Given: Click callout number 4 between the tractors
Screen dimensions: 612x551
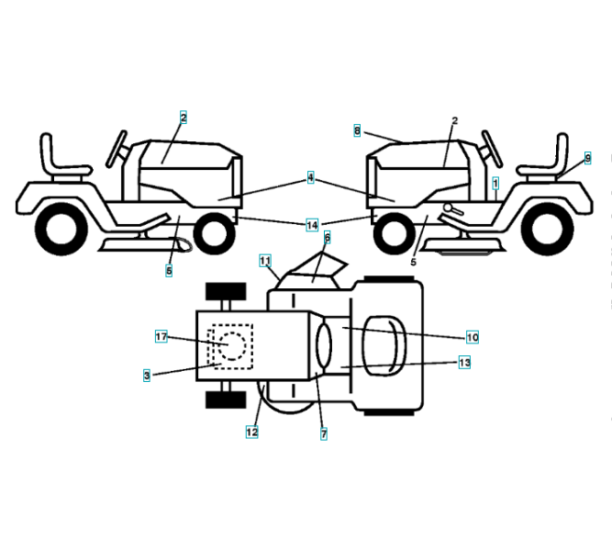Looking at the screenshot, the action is (x=311, y=177).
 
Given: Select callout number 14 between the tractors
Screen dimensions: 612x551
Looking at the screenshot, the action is (x=313, y=224).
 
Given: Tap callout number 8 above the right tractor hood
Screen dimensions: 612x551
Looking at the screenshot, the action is (x=357, y=131).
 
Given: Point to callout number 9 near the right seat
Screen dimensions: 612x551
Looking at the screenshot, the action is (x=587, y=158).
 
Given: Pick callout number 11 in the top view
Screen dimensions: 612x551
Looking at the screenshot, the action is (x=264, y=261).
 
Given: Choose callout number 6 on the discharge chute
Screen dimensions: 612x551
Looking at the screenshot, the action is (x=327, y=237).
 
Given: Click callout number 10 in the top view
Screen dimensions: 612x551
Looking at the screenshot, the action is (x=472, y=336).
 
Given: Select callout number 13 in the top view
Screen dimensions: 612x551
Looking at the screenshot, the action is (x=464, y=363).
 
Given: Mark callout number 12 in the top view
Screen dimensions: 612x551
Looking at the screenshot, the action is (x=251, y=431).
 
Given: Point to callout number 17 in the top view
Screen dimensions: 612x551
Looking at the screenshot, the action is (x=161, y=337).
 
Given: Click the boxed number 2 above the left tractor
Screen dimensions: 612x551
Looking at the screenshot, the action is (x=183, y=118).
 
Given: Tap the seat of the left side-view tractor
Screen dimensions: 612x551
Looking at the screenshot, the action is (x=59, y=156).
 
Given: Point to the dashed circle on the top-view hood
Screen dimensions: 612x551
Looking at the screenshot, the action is (x=229, y=346).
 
